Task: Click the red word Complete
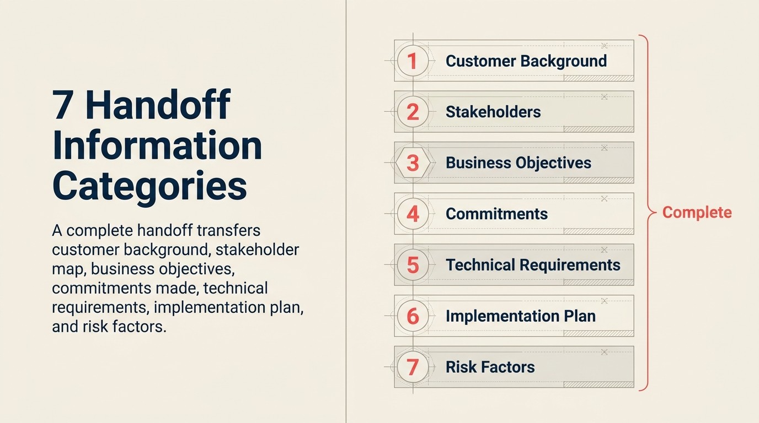coord(697,213)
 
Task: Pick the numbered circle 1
coord(413,61)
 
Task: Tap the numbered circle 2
coord(413,112)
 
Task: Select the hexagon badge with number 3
coord(413,163)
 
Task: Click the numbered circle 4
coord(413,214)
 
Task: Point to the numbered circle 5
coord(413,265)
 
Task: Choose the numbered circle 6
coord(413,316)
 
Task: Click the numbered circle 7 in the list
coord(413,367)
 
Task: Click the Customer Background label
coord(526,61)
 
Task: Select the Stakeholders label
coord(493,112)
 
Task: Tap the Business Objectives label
coord(518,163)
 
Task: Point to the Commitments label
coord(496,214)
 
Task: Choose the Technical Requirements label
coord(532,265)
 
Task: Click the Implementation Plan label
coord(520,316)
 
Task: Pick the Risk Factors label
coord(490,367)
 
